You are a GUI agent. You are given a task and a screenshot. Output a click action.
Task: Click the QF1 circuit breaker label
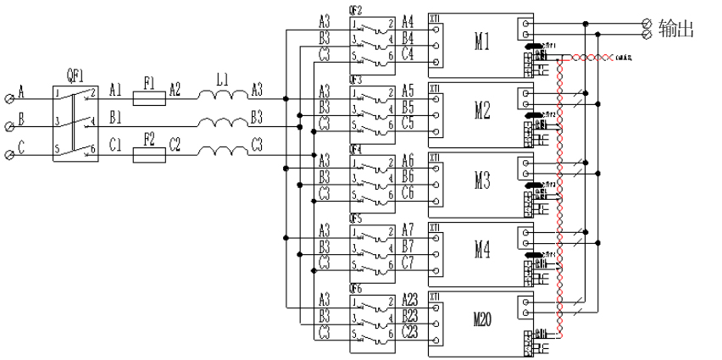pyautogui.click(x=73, y=74)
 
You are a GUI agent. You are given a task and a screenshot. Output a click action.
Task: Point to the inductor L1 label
pyautogui.click(x=222, y=80)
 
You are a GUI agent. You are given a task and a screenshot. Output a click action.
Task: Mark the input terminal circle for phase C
pyautogui.click(x=9, y=155)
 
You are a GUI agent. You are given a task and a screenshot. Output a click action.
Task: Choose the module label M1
pyautogui.click(x=481, y=42)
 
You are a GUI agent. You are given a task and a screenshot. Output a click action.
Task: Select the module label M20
pyautogui.click(x=484, y=319)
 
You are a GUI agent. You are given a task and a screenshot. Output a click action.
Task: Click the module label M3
pyautogui.click(x=481, y=181)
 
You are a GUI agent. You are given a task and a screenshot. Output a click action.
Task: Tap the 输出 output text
pyautogui.click(x=676, y=30)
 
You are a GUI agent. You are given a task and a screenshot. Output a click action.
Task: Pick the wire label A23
pyautogui.click(x=411, y=299)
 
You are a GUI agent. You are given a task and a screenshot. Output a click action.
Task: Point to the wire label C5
pyautogui.click(x=408, y=125)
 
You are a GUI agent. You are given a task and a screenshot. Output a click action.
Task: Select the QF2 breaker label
pyautogui.click(x=357, y=9)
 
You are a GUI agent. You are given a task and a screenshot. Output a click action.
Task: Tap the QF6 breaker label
pyautogui.click(x=357, y=288)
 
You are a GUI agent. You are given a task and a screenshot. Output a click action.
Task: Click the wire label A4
pyautogui.click(x=408, y=21)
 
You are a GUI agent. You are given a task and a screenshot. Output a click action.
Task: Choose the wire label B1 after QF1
pyautogui.click(x=116, y=115)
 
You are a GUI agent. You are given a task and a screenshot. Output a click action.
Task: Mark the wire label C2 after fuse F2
pyautogui.click(x=175, y=144)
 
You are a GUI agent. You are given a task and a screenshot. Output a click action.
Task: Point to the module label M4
pyautogui.click(x=481, y=251)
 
